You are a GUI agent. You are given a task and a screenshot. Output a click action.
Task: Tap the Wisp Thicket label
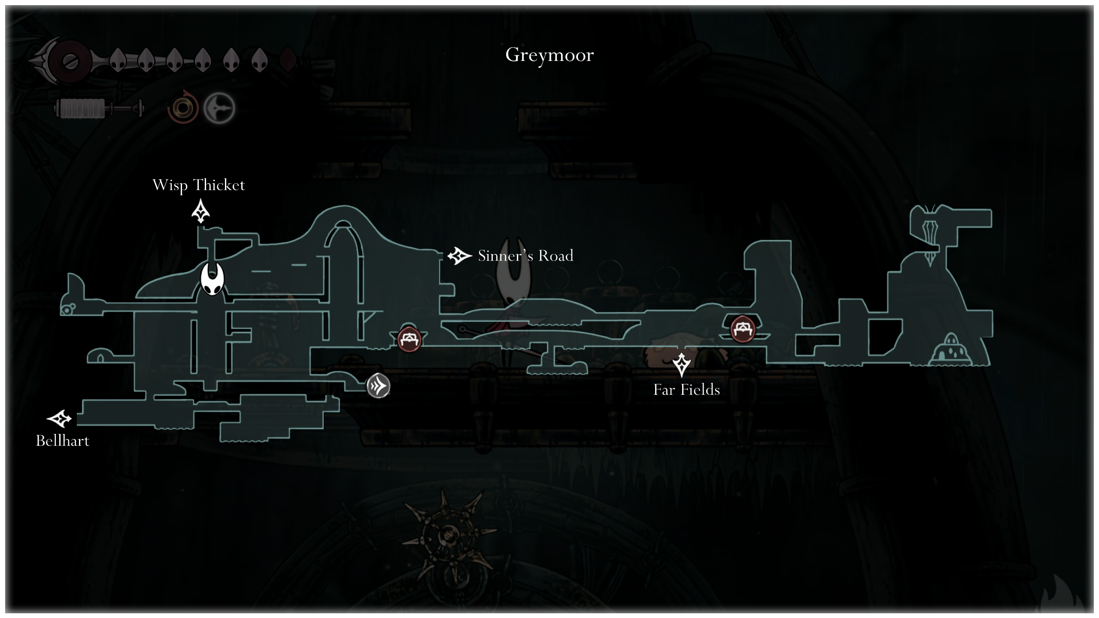tap(199, 185)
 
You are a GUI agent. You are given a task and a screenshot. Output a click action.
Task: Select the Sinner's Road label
tap(525, 255)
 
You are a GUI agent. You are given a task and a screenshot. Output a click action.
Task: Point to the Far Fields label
tap(686, 390)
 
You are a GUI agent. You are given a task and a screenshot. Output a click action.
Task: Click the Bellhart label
tap(63, 441)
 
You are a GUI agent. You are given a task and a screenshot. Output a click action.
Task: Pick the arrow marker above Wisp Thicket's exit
tap(200, 211)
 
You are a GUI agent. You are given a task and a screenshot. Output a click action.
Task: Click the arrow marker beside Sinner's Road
tap(459, 256)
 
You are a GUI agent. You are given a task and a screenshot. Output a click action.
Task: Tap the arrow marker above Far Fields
tap(681, 365)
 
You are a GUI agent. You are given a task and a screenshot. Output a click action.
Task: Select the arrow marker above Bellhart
tap(59, 418)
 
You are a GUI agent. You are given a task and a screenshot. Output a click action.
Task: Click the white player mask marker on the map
tap(212, 279)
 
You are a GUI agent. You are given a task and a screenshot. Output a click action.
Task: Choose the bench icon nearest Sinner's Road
tap(409, 339)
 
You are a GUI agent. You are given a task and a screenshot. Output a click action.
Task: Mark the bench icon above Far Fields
tap(743, 329)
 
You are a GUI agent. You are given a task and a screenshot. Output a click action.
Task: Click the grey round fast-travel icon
tap(378, 386)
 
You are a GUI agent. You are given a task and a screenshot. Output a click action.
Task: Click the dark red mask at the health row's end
tap(288, 59)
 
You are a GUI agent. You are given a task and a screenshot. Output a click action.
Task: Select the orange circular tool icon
tap(183, 108)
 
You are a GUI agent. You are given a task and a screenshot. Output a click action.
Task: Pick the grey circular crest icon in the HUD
tap(219, 108)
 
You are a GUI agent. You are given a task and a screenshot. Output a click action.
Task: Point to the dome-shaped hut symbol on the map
tap(950, 349)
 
